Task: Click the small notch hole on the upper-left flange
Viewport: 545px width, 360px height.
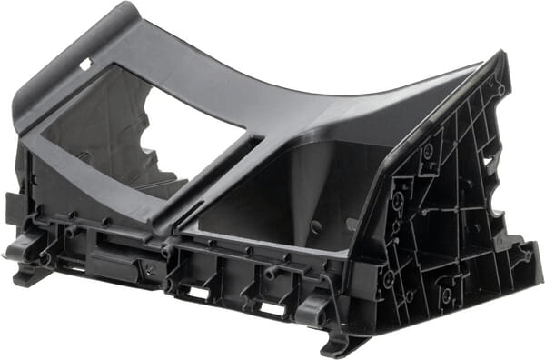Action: coord(85,65)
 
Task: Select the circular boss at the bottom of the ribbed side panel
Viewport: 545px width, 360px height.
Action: coord(444,295)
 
